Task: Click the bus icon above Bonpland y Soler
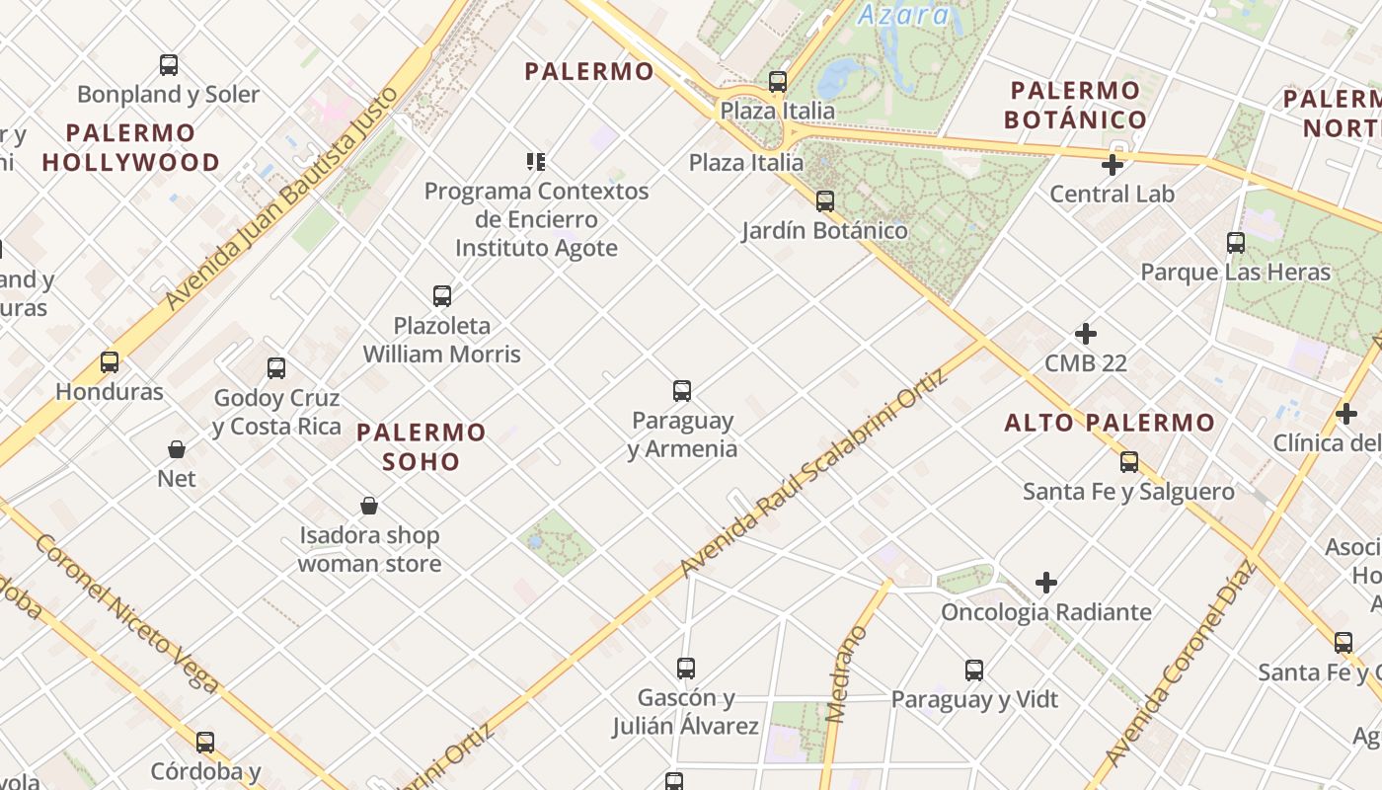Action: point(169,66)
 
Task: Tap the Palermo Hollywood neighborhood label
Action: point(131,147)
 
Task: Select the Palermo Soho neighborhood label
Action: point(422,446)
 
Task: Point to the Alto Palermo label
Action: point(1110,424)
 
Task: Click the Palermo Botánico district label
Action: point(1076,106)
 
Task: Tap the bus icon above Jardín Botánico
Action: point(825,201)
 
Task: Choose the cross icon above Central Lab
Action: point(1113,165)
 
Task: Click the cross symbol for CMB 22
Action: point(1086,334)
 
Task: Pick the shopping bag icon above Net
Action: point(177,450)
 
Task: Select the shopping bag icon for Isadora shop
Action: point(369,507)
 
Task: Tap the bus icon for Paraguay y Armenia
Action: point(682,391)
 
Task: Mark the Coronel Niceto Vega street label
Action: point(127,612)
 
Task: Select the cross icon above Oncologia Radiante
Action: point(1046,583)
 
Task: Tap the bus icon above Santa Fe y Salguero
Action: point(1129,462)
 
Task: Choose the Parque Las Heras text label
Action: point(1236,272)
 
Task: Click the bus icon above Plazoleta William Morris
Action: point(442,296)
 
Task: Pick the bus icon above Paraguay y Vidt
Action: point(974,671)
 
